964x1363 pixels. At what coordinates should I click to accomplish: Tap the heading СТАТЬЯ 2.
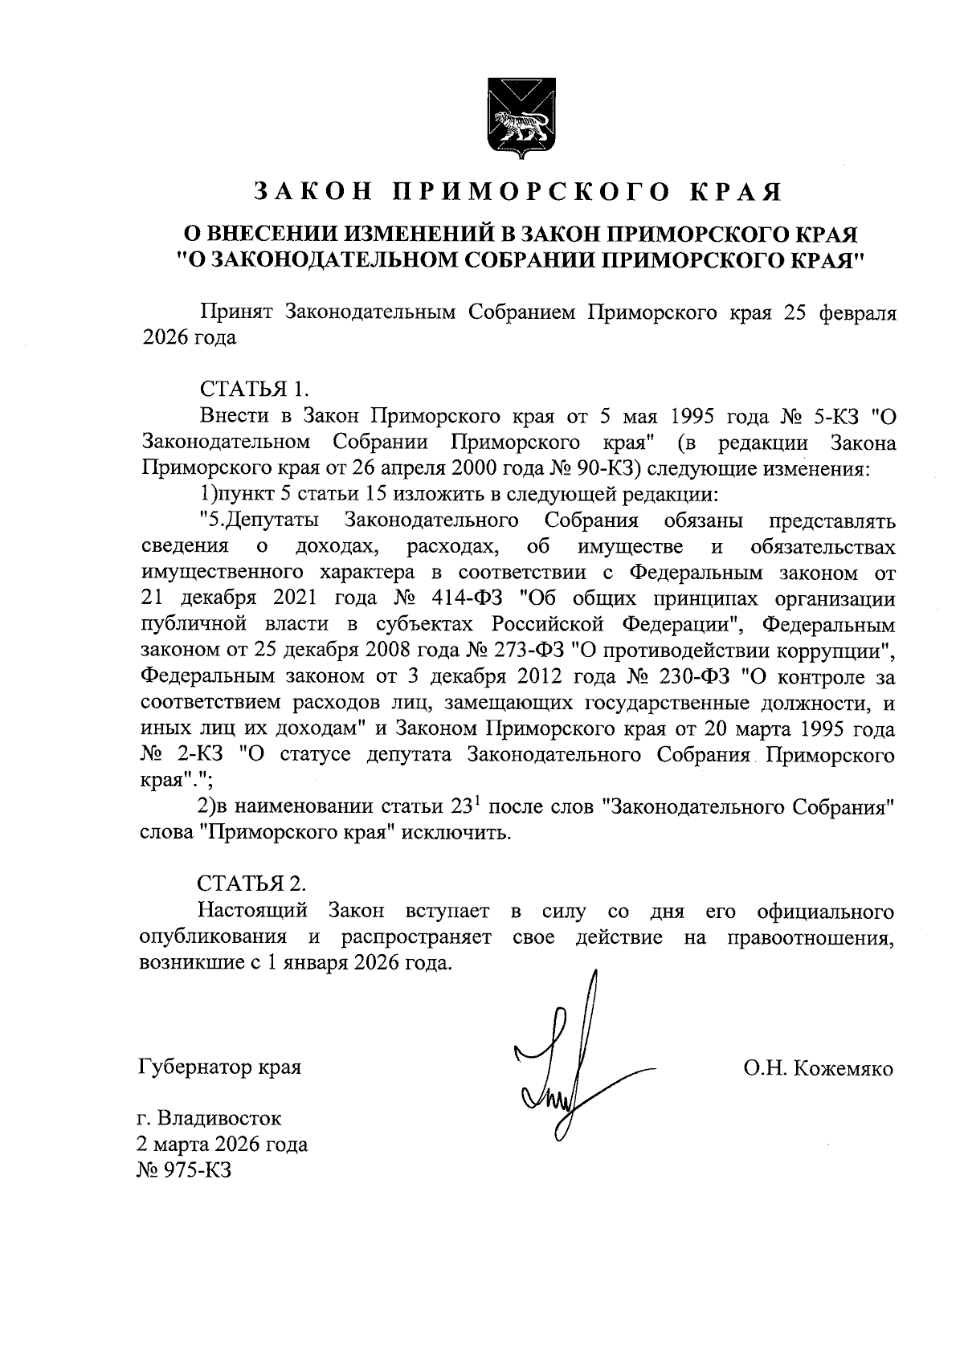pos(251,884)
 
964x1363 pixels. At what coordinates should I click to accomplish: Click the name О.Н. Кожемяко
pos(818,1069)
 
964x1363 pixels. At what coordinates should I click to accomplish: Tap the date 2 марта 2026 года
pos(223,1145)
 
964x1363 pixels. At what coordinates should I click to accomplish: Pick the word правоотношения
pos(811,937)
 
